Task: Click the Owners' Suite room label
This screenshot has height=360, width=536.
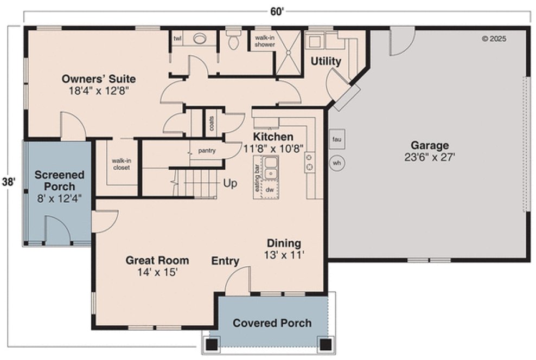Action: coord(98,79)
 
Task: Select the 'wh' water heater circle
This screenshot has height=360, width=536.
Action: coord(336,162)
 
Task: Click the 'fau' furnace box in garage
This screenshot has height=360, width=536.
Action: coord(336,139)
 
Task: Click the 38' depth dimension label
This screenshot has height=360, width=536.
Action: coord(8,182)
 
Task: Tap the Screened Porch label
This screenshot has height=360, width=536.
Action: coord(60,181)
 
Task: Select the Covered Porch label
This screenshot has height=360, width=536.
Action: coord(272,323)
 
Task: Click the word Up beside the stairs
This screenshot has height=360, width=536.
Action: coord(230,184)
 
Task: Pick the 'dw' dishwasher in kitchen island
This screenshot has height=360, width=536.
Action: coord(269,190)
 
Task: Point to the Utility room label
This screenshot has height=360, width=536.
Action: coord(326,61)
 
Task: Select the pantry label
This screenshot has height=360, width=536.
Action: coord(207,151)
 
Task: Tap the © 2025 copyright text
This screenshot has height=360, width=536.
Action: coord(494,38)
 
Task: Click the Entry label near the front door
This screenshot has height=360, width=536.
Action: coord(225,261)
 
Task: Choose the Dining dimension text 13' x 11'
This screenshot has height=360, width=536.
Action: coord(284,255)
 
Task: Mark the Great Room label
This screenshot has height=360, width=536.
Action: coord(157,260)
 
